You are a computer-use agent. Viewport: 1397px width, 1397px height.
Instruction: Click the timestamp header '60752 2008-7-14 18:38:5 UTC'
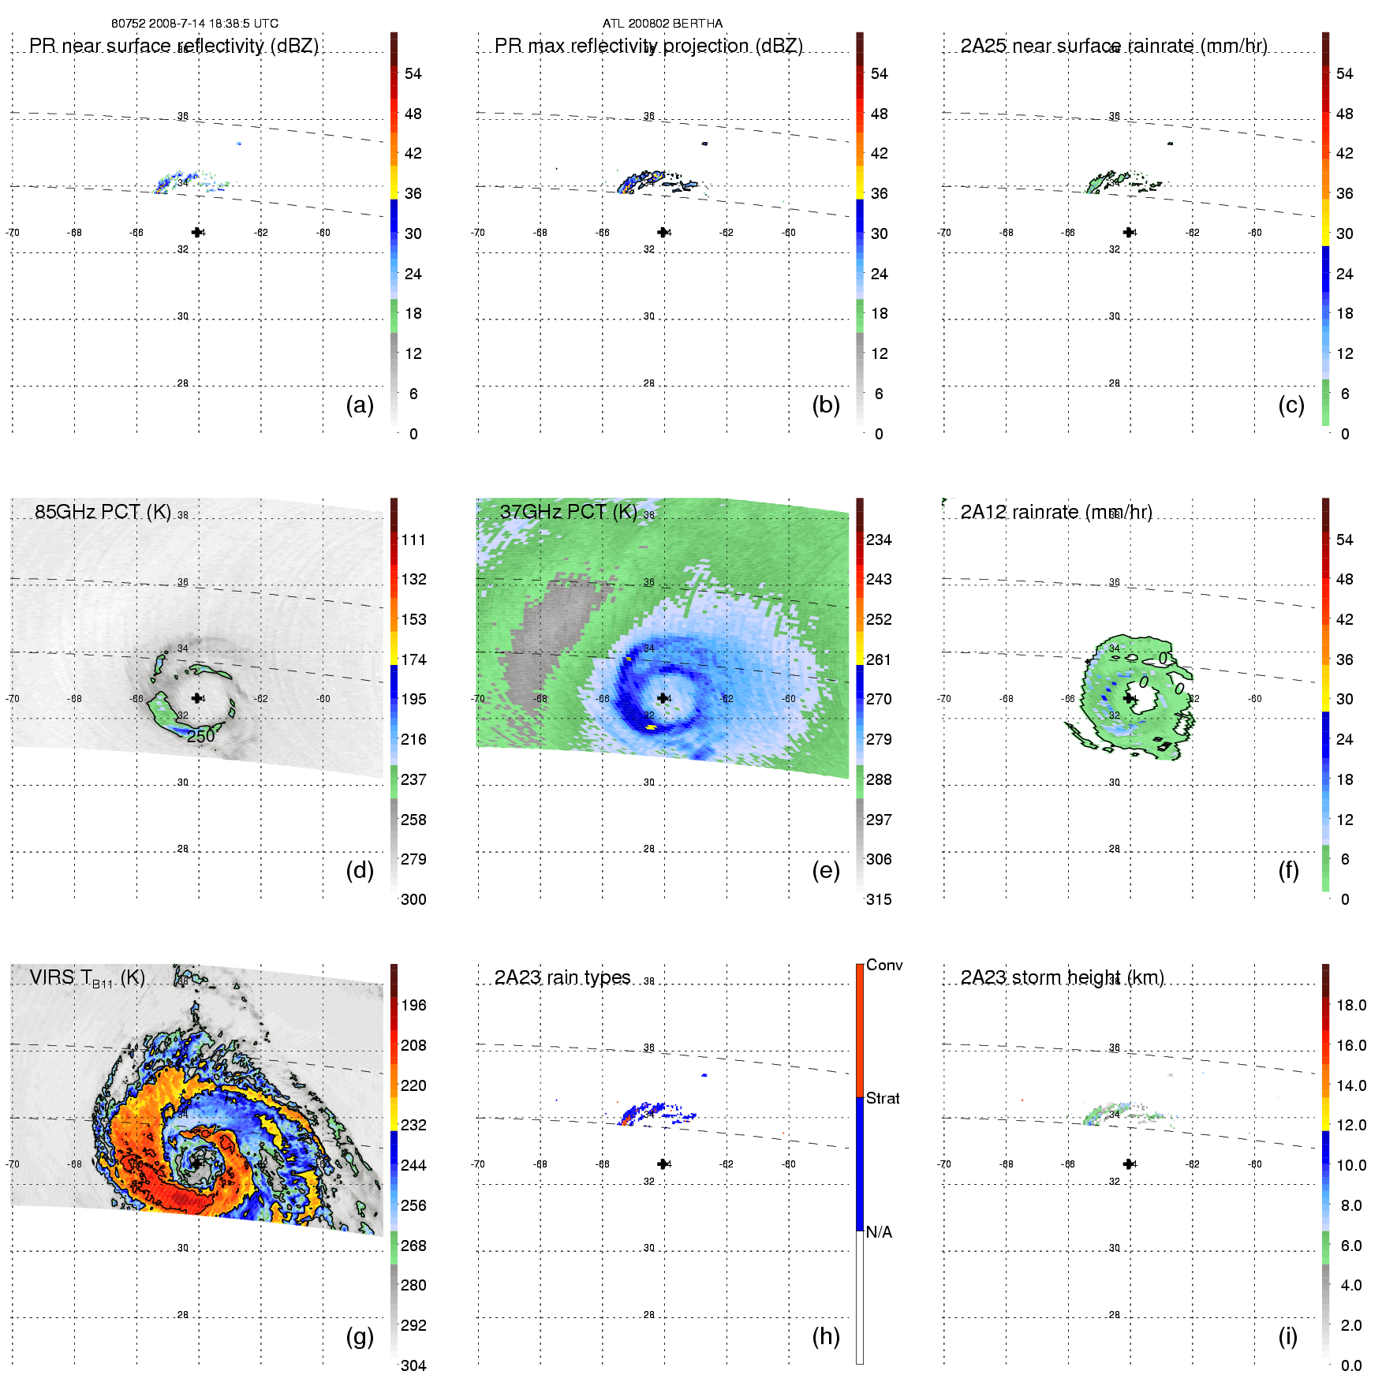coord(194,24)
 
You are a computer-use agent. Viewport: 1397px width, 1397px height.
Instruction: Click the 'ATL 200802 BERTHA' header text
coord(662,24)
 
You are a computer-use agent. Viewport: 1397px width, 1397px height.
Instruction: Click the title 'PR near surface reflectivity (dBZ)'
coord(174,46)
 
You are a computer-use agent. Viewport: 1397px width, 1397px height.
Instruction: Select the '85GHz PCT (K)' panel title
coord(103,512)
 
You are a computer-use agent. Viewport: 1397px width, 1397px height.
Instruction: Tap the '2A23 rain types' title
coord(562,977)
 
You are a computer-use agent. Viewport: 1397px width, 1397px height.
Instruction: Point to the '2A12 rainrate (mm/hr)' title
coord(1055,512)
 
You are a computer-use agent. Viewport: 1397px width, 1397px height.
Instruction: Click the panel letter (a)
coord(360,405)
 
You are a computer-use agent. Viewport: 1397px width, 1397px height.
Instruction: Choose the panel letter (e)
coord(825,871)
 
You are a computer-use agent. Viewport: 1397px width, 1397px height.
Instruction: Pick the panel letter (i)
coord(1287,1336)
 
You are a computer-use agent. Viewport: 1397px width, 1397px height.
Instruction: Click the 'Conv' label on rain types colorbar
coord(883,965)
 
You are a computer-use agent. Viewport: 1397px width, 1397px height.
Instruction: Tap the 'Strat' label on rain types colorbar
coord(883,1098)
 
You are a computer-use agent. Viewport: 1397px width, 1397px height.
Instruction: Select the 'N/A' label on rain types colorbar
coord(879,1232)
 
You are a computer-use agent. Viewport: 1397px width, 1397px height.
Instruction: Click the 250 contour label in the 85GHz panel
coord(200,736)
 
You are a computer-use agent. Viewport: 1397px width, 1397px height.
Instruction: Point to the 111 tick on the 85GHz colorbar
coord(413,540)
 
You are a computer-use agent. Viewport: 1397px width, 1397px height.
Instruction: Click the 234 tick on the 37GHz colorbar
coord(879,540)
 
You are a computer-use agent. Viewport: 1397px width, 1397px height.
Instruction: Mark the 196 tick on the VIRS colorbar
coord(413,1005)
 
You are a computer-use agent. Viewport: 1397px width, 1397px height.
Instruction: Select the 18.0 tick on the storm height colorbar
coord(1350,1005)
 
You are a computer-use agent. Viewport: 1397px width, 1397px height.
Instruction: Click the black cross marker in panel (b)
coord(662,233)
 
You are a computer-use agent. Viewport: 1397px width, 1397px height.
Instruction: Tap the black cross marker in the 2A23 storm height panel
coord(1128,1164)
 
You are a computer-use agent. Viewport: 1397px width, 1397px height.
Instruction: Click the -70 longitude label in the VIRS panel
coord(12,1164)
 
